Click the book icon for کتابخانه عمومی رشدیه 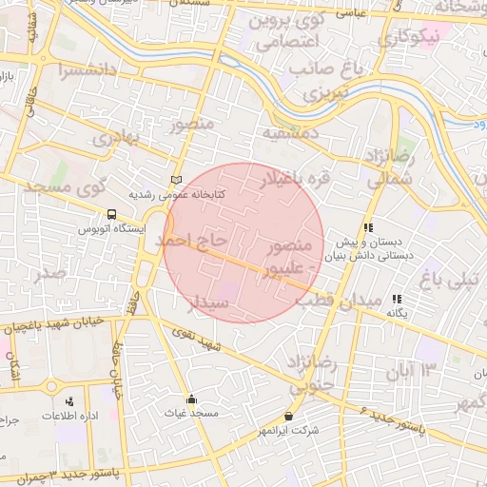pos(175,180)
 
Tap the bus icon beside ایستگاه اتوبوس pos(112,215)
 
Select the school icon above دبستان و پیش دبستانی pos(367,227)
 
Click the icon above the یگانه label pos(397,299)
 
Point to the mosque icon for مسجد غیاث pos(191,399)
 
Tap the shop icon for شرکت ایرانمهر pos(288,417)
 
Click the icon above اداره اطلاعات pos(69,402)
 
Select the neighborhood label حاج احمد pos(196,240)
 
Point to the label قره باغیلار pos(274,177)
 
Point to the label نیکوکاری pos(408,38)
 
